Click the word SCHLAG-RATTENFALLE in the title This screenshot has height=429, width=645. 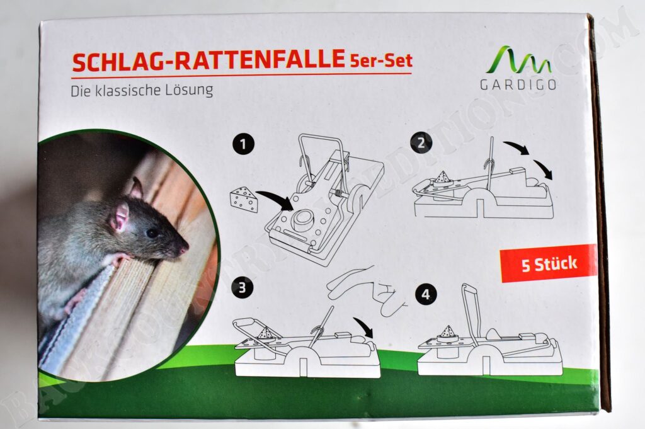tap(208, 60)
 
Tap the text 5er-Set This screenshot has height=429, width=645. tap(381, 60)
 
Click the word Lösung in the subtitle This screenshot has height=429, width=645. tap(189, 90)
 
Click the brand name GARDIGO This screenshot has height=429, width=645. tap(518, 84)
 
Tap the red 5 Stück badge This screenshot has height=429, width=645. tap(549, 263)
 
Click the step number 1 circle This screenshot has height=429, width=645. tap(244, 144)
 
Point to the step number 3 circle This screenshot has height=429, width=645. tap(242, 287)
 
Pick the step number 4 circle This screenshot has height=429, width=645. tap(426, 294)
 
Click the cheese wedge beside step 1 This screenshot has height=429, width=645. tap(244, 200)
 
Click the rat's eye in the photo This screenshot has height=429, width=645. tap(152, 233)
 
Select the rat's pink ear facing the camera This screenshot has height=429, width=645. tap(121, 216)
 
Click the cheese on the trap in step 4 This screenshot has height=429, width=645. tap(448, 334)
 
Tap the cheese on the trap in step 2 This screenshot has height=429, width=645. tap(441, 178)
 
